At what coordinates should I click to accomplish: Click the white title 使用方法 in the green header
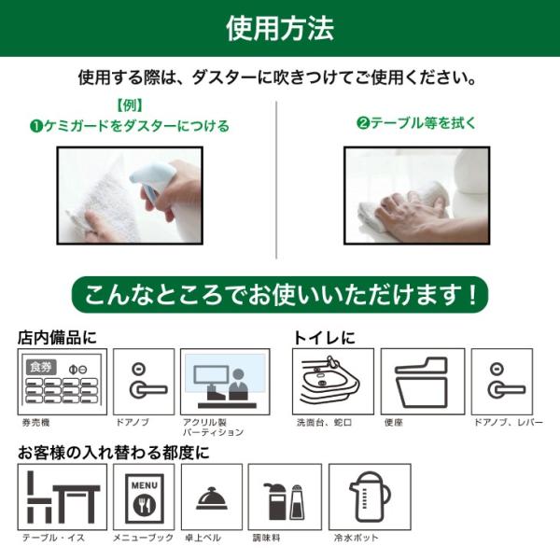(280, 28)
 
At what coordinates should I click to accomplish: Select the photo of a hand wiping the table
(416, 195)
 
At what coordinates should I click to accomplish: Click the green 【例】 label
(130, 105)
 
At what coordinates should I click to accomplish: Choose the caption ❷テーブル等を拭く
(416, 123)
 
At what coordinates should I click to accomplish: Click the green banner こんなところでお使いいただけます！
(280, 295)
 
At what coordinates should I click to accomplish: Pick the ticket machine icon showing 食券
(63, 382)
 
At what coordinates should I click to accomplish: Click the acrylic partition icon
(225, 382)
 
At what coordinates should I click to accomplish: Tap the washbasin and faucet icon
(332, 382)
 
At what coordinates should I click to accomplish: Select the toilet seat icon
(423, 382)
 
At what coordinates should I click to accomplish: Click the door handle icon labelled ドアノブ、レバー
(501, 382)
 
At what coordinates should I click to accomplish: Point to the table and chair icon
(63, 497)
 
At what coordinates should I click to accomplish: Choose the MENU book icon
(144, 497)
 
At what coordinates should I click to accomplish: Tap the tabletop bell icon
(211, 497)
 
